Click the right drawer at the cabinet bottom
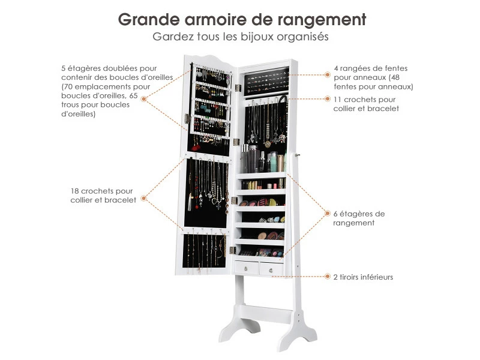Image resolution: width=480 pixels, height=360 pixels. (272, 269)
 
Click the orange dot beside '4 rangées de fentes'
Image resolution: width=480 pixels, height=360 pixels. (328, 75)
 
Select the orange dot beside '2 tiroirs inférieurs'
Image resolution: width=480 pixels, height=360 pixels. (328, 277)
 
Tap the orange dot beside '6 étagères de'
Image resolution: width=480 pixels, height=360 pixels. (328, 213)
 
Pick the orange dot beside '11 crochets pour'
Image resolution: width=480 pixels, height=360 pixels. (328, 98)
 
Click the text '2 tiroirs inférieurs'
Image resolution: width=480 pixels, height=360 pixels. (363, 277)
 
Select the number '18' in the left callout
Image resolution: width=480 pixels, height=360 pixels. (75, 191)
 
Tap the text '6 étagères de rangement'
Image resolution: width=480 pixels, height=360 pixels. (359, 218)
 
